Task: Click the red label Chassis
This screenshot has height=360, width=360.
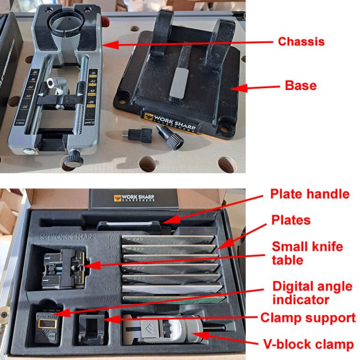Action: pos(301,42)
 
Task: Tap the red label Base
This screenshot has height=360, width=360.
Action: pos(300,86)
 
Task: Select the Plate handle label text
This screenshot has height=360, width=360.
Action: pos(309,194)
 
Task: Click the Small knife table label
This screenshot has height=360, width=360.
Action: pos(307,253)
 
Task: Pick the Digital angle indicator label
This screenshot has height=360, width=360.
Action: pos(312,292)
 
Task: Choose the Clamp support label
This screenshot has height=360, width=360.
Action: pos(308,318)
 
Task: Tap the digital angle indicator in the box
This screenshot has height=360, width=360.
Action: pos(47,324)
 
